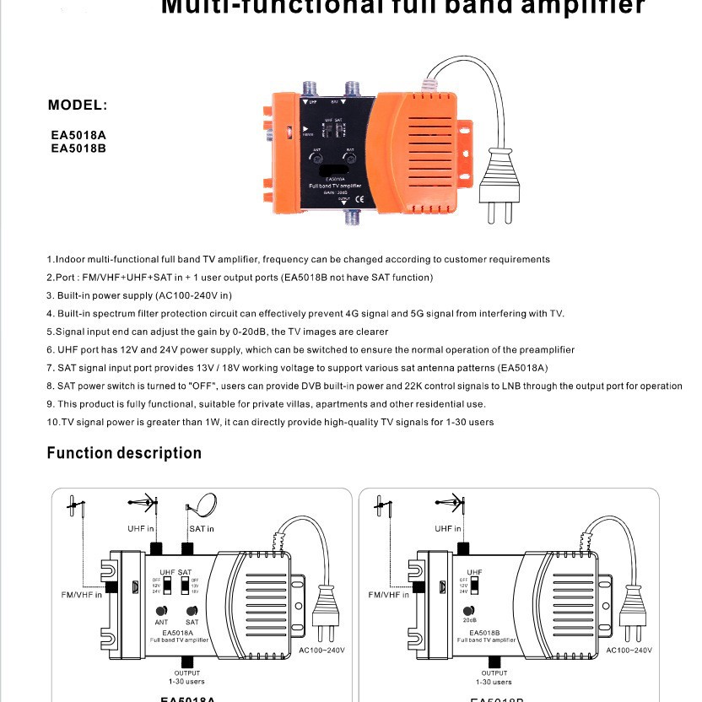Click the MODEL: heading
coord(78,105)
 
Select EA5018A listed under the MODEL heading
coord(78,135)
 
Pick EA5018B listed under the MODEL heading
coord(78,148)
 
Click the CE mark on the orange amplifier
coord(359,200)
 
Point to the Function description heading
coord(124,453)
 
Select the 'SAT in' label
coord(201,529)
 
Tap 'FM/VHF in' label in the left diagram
coord(82,595)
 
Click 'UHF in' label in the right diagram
coord(448,529)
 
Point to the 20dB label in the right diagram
coord(470,620)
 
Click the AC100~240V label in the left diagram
coord(322,651)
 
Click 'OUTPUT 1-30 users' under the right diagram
coord(494,677)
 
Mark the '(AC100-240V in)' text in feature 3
coord(193,295)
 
